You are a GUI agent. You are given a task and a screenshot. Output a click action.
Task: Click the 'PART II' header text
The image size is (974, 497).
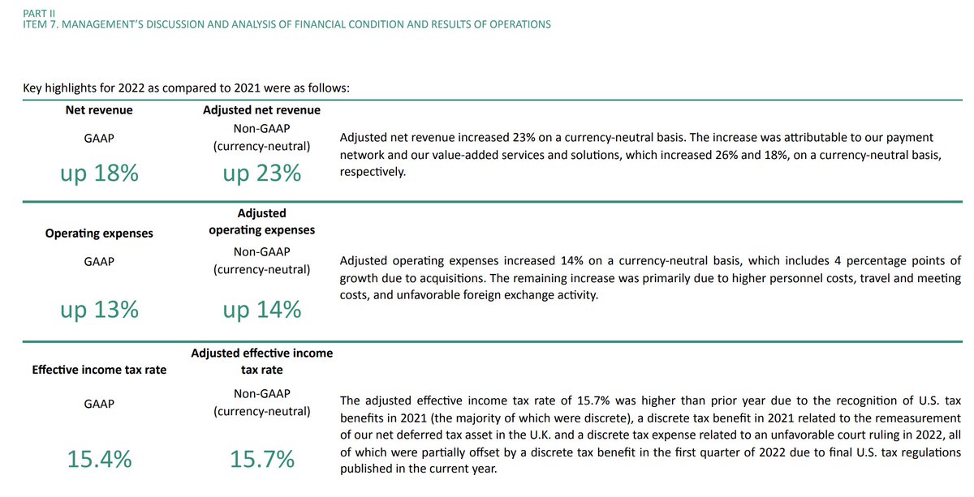(x=38, y=12)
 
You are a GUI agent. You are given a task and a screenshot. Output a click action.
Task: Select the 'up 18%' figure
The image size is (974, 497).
(x=99, y=173)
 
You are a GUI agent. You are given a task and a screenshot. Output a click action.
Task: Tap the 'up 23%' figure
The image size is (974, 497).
(x=261, y=173)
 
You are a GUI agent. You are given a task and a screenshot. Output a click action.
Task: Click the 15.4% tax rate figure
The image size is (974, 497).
(x=99, y=460)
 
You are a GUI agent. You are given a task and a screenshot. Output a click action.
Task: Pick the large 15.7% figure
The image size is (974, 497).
(x=261, y=460)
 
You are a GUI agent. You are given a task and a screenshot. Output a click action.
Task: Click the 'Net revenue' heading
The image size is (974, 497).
(x=99, y=109)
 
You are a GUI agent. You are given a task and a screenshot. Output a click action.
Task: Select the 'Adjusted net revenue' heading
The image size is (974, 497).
(x=261, y=109)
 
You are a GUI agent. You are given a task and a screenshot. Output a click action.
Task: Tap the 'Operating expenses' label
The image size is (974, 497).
(x=99, y=234)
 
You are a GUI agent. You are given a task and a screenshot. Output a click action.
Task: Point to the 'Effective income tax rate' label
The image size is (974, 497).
(x=99, y=370)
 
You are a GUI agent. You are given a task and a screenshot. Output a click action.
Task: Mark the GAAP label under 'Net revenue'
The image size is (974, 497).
(x=99, y=139)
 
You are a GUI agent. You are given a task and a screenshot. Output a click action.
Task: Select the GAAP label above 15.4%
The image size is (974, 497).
(x=99, y=404)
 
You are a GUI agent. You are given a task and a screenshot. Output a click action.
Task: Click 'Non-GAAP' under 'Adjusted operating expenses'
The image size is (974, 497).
(x=261, y=252)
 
